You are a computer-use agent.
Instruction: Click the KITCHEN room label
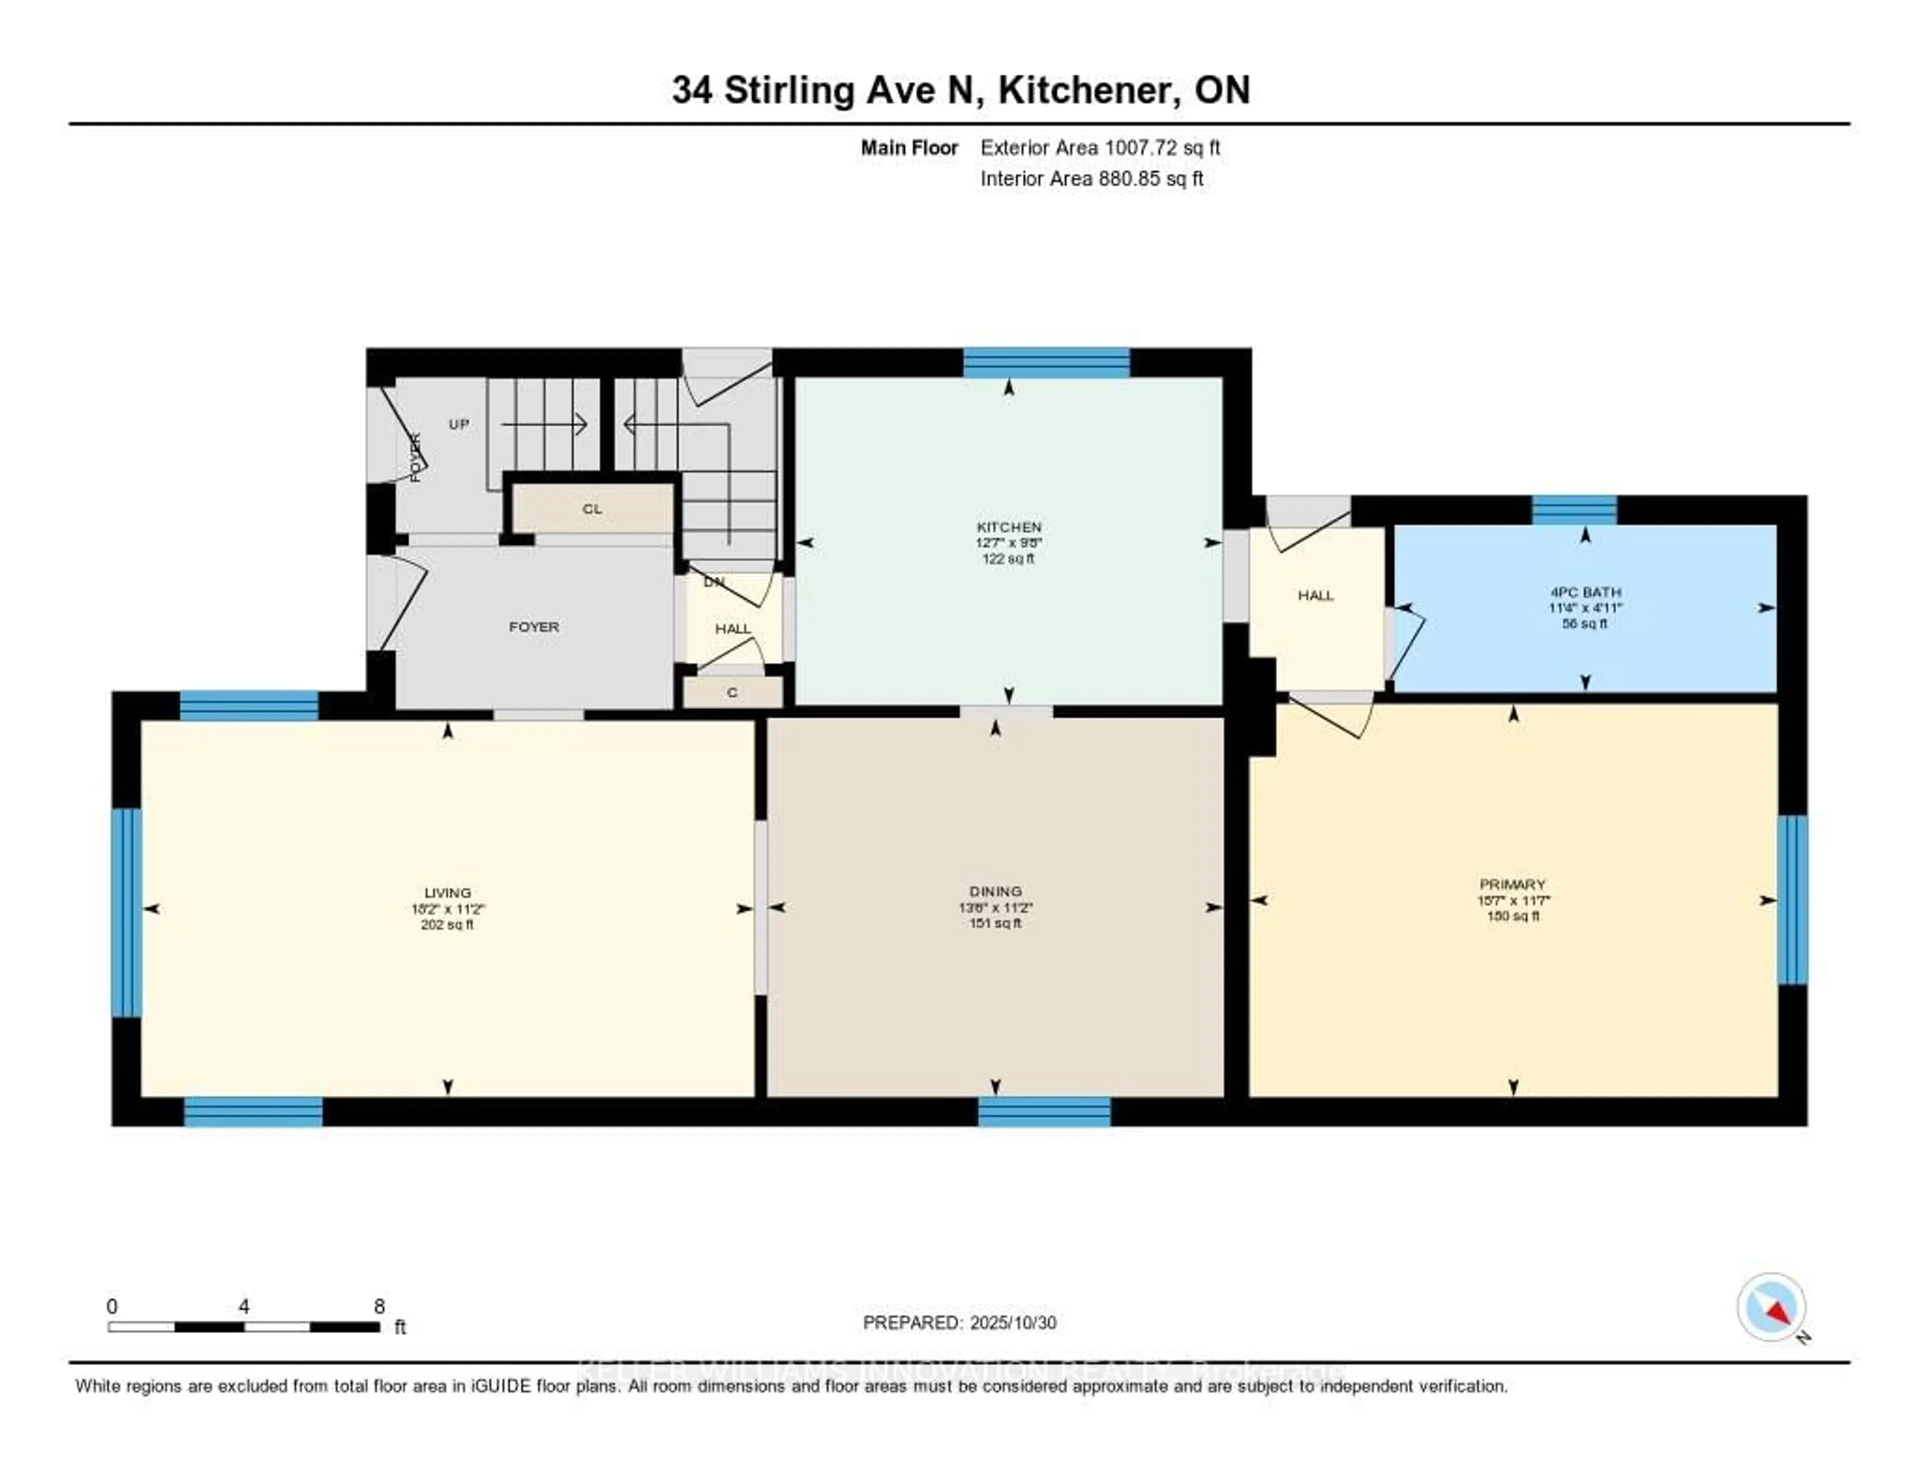click(x=1008, y=527)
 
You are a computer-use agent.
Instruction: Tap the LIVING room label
click(x=447, y=892)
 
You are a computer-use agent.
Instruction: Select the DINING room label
click(x=995, y=891)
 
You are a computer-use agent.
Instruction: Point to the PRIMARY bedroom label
click(x=1512, y=884)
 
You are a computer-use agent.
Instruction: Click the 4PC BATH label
click(x=1585, y=592)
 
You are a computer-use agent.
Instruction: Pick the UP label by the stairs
click(x=459, y=424)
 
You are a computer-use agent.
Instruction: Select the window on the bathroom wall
click(x=1575, y=510)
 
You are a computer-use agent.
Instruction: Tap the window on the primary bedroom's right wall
click(x=1793, y=900)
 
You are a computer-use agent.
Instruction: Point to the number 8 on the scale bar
click(x=380, y=1306)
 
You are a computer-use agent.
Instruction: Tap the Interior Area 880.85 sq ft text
click(x=1091, y=179)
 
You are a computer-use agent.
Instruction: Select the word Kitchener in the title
click(x=1088, y=90)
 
